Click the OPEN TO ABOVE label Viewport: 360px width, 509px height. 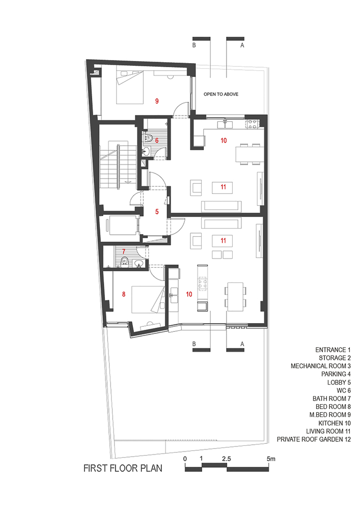point(221,94)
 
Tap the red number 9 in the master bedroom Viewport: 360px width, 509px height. point(157,101)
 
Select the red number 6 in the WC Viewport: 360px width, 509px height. point(157,140)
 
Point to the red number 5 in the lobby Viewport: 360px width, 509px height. point(157,212)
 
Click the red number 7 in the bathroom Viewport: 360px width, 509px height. point(124,251)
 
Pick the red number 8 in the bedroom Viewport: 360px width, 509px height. point(124,294)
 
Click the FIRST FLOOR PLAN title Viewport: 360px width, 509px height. point(123,468)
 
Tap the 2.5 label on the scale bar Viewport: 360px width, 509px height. point(227,459)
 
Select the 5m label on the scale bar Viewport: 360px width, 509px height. point(271,459)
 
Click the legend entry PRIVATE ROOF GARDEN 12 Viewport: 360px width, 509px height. point(314,439)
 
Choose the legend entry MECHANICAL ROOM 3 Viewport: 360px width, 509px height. point(321,366)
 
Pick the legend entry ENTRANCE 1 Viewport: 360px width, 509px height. point(333,350)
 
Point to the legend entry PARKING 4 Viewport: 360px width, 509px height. point(336,374)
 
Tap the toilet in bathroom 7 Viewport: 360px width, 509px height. point(124,261)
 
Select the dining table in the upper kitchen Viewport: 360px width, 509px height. point(248,154)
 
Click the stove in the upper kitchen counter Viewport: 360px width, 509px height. point(253,123)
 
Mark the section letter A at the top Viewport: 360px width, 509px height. point(242,45)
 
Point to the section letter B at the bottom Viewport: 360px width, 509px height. point(194,344)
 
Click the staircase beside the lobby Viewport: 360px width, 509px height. point(119,165)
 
